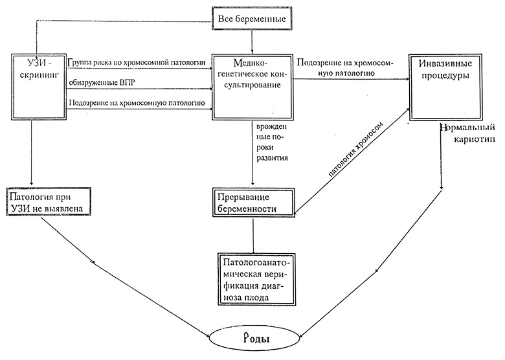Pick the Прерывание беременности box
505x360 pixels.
click(x=253, y=203)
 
